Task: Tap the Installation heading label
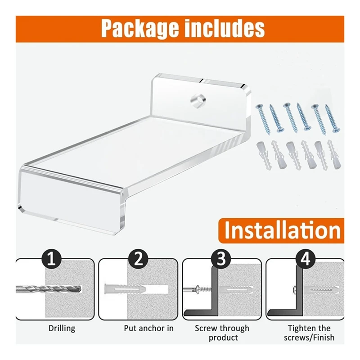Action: (282, 230)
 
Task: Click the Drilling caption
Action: (62, 328)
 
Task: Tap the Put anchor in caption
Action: (148, 328)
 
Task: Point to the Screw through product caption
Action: (221, 333)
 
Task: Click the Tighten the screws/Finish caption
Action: (309, 333)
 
